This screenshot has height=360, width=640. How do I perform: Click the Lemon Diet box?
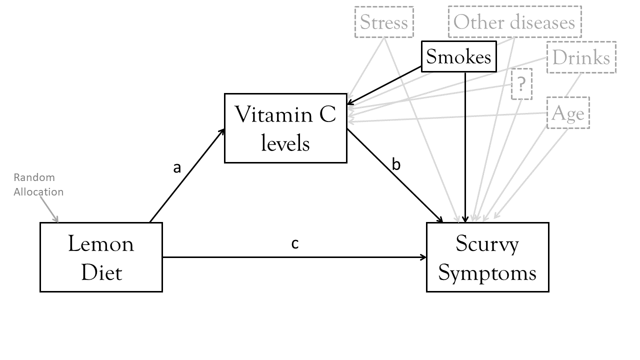point(101,257)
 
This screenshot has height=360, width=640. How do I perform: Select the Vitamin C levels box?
point(285,128)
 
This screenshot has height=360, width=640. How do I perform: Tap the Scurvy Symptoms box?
point(487,257)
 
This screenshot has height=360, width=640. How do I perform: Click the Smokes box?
point(459,57)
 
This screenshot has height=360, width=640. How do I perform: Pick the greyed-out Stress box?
point(384,22)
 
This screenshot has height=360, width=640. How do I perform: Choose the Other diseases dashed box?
point(514,22)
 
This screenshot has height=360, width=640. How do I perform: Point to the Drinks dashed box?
point(581,57)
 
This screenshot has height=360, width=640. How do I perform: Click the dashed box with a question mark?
point(521,84)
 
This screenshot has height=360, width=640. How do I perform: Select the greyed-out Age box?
point(568,113)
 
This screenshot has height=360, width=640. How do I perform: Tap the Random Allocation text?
point(38,184)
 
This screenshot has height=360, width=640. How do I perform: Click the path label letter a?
point(176,168)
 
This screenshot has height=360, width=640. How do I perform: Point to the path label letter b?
point(396,164)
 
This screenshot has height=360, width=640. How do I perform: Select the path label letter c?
point(295,243)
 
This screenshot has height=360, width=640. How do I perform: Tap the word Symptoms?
point(487,273)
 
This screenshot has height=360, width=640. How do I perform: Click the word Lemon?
point(101,244)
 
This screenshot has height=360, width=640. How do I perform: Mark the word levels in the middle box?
point(285,143)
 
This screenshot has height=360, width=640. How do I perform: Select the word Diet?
point(101,273)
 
